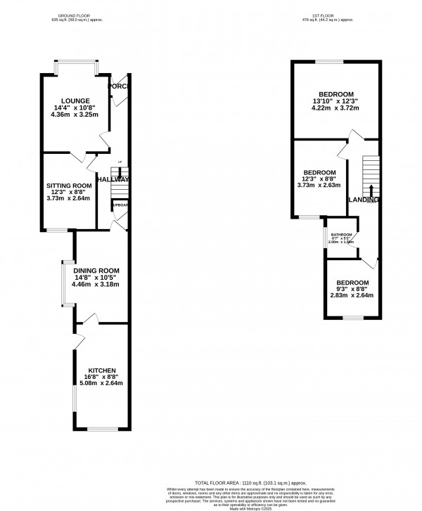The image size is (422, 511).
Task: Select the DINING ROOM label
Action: tap(101, 271)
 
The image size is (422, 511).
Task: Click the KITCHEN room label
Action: tap(101, 370)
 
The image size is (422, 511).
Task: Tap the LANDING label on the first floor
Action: tap(363, 200)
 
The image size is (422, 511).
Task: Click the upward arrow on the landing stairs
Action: tap(371, 191)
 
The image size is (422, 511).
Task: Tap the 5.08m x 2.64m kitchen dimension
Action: tap(101, 383)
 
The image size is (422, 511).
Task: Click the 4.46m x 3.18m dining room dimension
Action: tap(101, 285)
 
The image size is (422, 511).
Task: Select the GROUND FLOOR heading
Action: tap(77, 15)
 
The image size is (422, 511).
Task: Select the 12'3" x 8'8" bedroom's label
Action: tap(319, 172)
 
